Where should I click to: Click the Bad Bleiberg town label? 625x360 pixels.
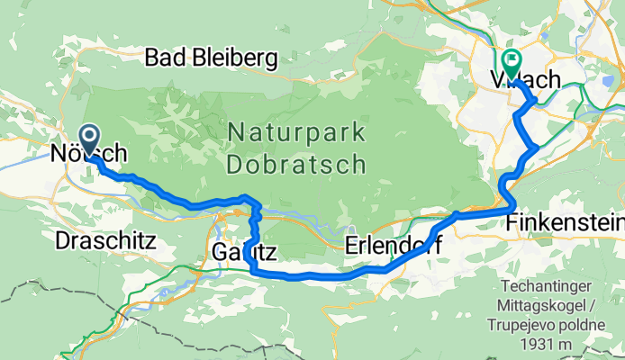tap(211, 58)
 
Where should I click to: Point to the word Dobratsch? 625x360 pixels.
tap(296, 164)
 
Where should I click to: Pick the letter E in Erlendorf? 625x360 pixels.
tap(352, 247)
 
